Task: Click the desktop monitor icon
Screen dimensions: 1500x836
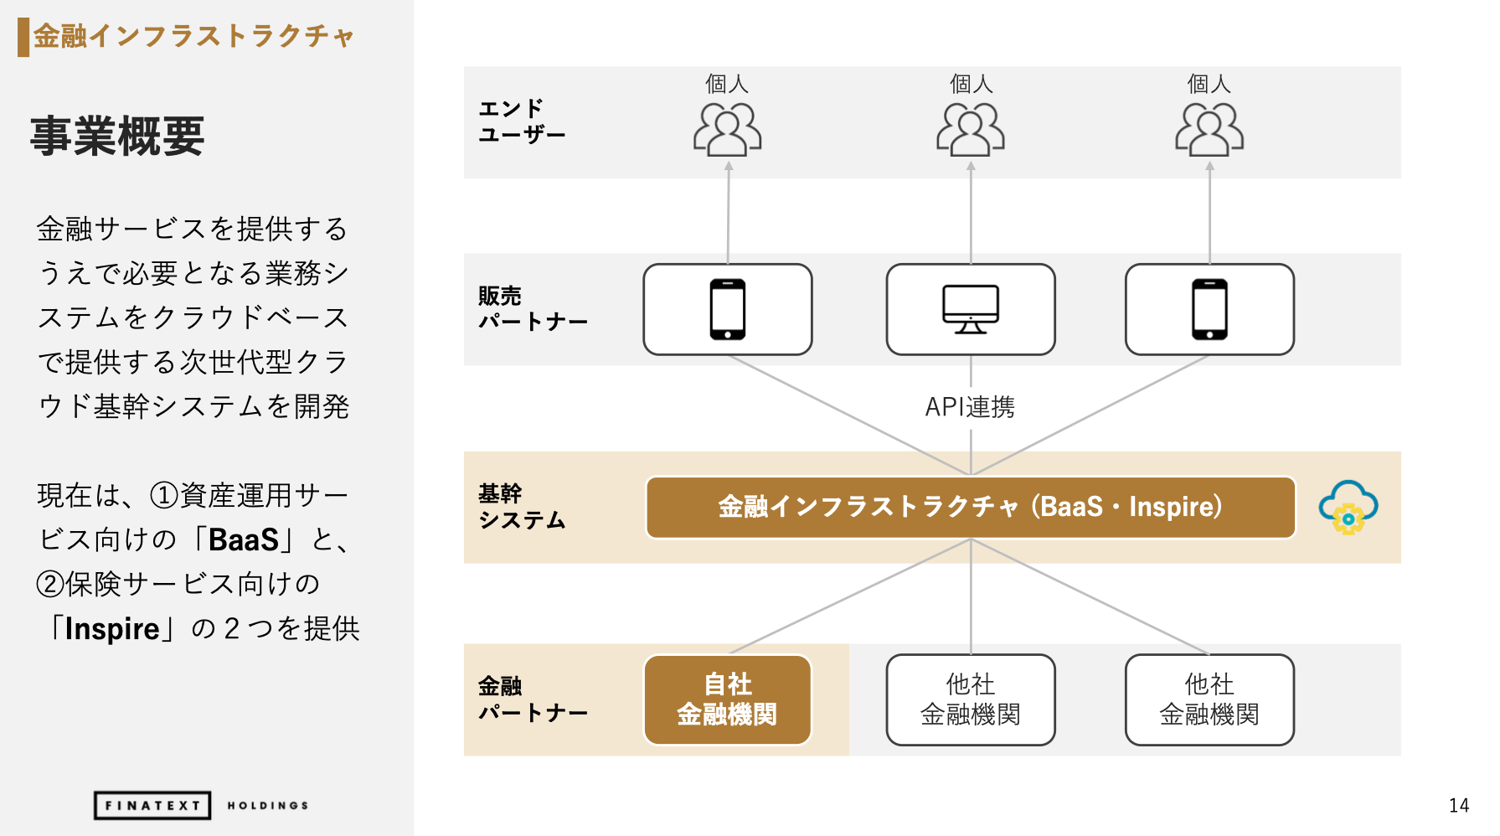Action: [971, 309]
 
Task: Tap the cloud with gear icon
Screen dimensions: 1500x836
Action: [1348, 508]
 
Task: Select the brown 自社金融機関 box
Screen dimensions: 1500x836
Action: [727, 699]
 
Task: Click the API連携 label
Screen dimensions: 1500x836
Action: [970, 407]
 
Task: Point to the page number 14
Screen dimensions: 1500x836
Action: [1459, 805]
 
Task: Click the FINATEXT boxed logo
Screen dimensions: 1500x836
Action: [152, 805]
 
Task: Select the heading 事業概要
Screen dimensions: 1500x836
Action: [117, 136]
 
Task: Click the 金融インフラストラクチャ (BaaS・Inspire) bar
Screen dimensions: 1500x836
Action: [971, 508]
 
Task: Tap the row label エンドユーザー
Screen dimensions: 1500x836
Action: [522, 121]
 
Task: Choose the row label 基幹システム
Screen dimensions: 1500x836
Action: [522, 507]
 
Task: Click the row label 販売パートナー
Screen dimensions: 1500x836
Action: [533, 308]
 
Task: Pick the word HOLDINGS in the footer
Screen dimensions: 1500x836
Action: [268, 806]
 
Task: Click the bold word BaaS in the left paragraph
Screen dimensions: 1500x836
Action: [244, 540]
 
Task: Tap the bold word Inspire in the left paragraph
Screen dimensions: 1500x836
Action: [112, 629]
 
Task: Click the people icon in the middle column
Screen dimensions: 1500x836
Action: [971, 129]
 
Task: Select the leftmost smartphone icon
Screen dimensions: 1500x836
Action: [728, 309]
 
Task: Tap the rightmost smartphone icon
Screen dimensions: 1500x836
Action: [1209, 309]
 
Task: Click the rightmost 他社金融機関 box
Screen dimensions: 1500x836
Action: [1209, 699]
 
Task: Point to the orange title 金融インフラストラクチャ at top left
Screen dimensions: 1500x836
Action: [193, 36]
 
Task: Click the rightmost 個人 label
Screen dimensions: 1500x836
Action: [1209, 84]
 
